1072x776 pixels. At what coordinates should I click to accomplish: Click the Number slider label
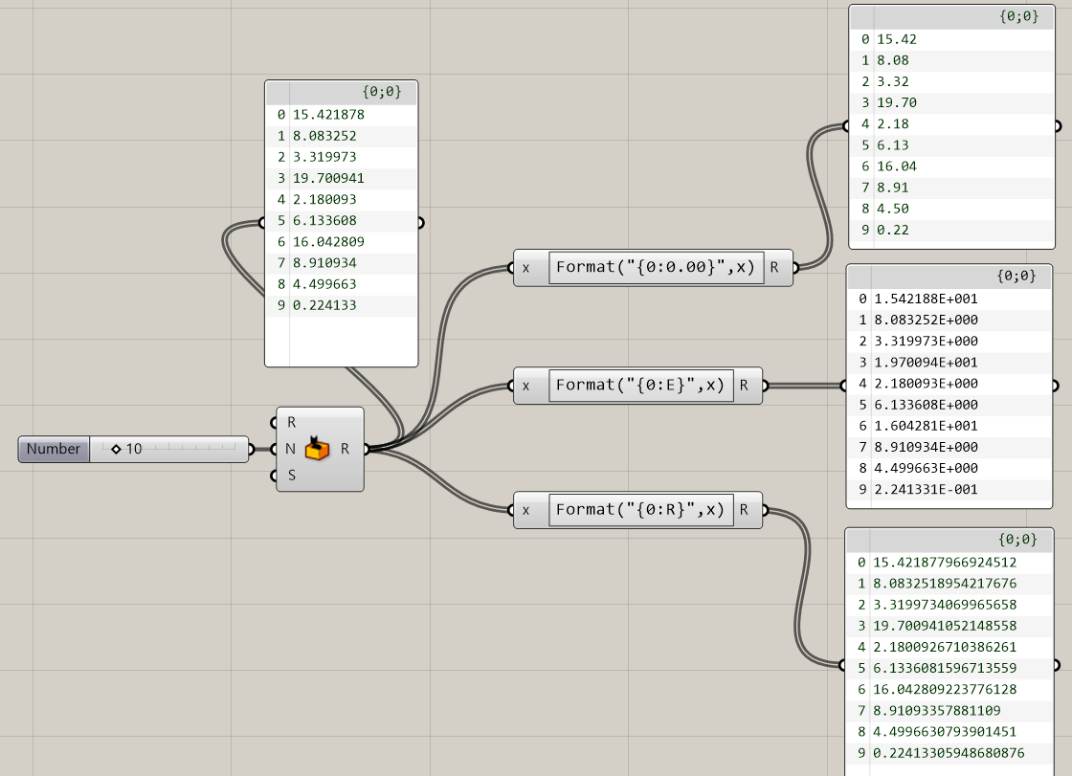click(x=54, y=449)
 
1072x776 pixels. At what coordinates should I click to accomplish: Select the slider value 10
click(x=133, y=449)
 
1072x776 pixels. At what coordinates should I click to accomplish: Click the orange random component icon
click(x=317, y=449)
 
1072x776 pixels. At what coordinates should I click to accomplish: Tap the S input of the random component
click(x=291, y=475)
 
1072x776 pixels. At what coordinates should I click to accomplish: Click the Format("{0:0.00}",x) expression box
click(x=656, y=268)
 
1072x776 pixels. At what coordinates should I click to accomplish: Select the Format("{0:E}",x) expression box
click(x=639, y=386)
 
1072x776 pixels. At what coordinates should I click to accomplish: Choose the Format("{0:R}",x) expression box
click(x=639, y=510)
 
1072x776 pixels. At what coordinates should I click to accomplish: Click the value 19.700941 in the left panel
click(x=328, y=178)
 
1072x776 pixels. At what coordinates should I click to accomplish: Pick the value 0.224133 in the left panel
click(x=324, y=305)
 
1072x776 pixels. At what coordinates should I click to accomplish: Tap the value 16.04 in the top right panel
click(x=892, y=166)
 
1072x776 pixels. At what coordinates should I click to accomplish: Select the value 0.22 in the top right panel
click(x=892, y=230)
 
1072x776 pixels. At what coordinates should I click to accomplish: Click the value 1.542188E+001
click(x=926, y=299)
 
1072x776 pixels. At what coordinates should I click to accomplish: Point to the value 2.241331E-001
click(x=926, y=490)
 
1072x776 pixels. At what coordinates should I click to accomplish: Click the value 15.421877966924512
click(x=944, y=563)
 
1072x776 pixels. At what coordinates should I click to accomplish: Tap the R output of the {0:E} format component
click(x=744, y=386)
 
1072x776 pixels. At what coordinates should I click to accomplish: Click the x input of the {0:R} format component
click(x=525, y=510)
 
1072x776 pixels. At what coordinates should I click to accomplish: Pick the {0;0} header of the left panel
click(x=382, y=92)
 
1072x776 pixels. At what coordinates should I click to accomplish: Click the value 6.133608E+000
click(x=926, y=405)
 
